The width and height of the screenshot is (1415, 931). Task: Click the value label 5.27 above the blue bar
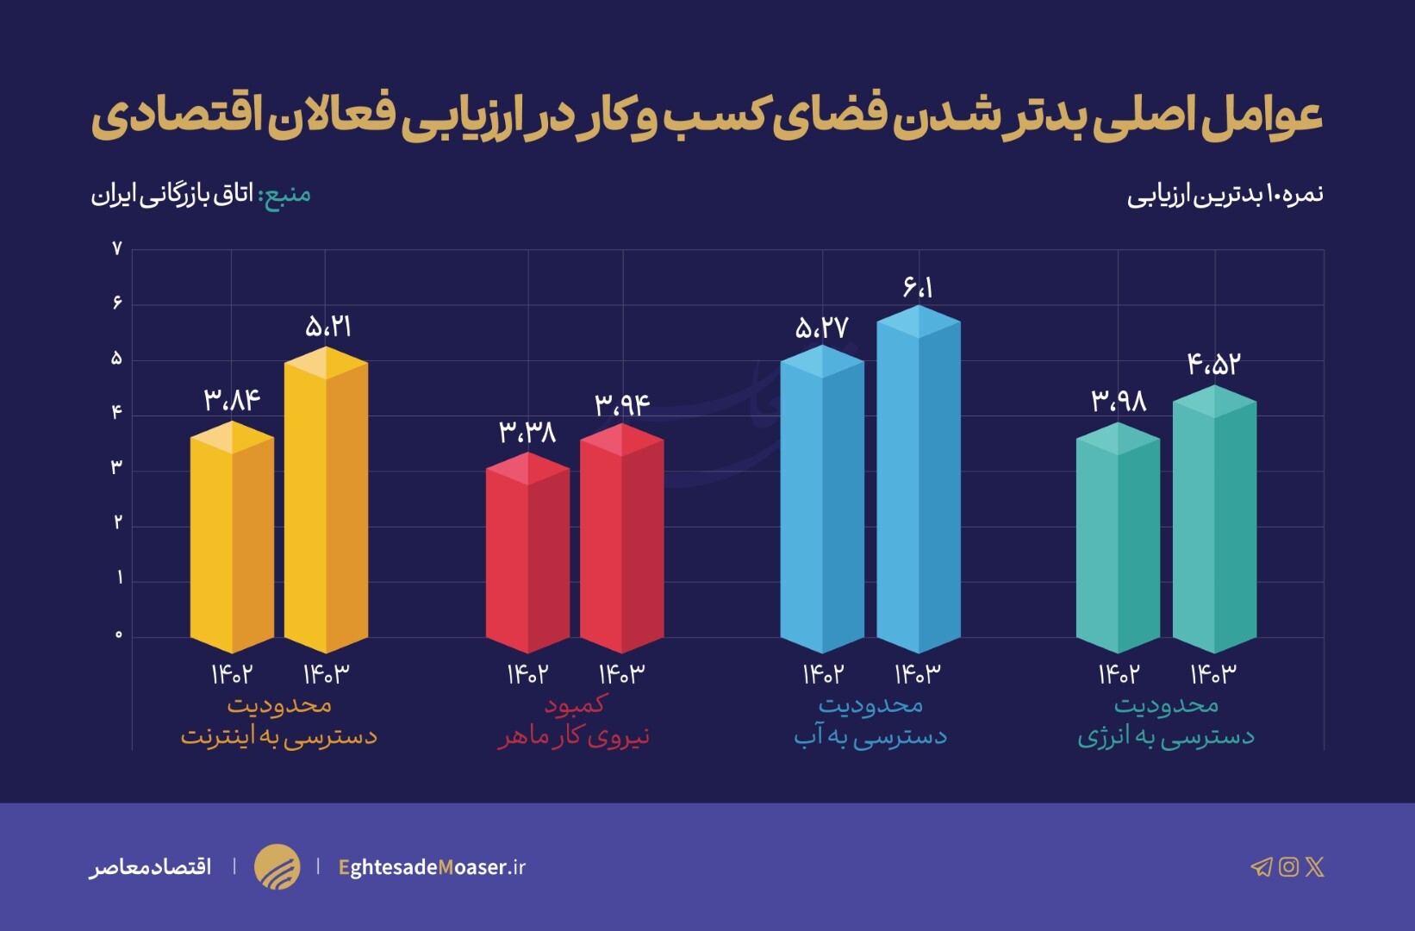tap(821, 328)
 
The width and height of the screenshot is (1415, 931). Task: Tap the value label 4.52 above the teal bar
tap(1213, 364)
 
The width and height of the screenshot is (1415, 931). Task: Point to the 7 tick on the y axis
tap(117, 249)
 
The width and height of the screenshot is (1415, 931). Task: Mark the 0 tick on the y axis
tap(118, 635)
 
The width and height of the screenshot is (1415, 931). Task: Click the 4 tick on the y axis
tap(117, 413)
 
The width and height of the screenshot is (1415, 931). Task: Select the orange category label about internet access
tap(278, 721)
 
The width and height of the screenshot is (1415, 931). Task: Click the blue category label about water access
tap(870, 721)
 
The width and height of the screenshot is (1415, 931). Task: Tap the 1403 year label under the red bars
tap(621, 673)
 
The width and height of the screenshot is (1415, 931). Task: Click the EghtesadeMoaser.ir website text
tap(432, 867)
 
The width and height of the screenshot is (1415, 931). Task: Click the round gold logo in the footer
tap(277, 866)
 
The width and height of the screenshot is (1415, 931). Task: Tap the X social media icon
tap(1314, 866)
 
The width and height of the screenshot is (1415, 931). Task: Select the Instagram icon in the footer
tap(1288, 866)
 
